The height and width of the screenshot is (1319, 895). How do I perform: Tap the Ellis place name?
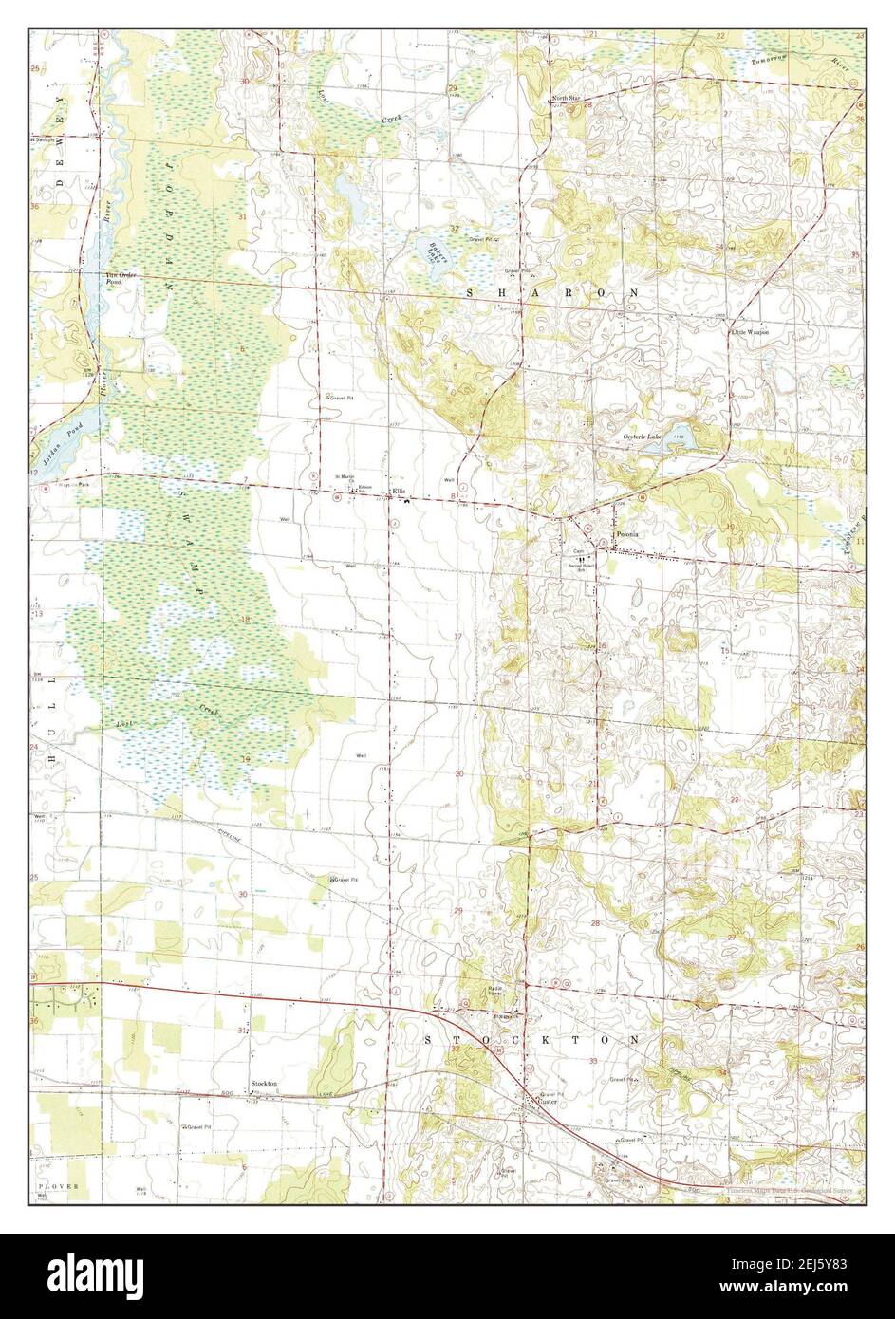400,491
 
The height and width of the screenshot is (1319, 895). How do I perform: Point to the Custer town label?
540,1102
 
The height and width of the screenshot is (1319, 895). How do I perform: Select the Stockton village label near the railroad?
264,1083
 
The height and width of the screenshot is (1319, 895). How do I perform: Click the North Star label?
568,99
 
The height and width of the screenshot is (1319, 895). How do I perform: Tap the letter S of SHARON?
471,295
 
